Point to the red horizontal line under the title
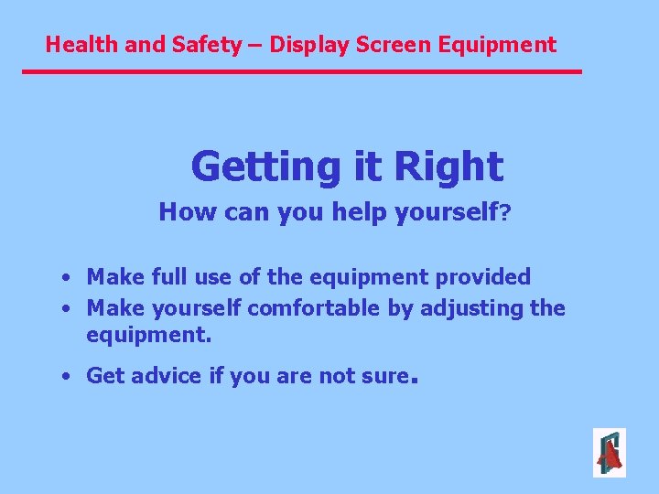coord(302,71)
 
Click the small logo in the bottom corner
coord(609,453)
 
